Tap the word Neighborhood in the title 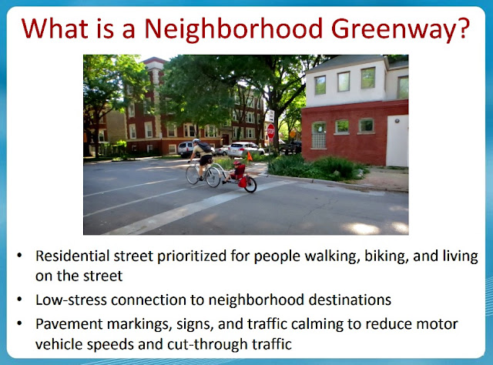[x=233, y=28]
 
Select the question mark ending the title [x=463, y=28]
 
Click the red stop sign [x=270, y=131]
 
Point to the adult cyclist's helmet [x=196, y=141]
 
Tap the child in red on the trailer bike [x=237, y=172]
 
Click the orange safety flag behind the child [x=250, y=156]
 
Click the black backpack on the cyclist [x=205, y=147]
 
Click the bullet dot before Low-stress [x=19, y=299]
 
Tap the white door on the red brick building [x=397, y=140]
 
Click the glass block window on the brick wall [x=319, y=136]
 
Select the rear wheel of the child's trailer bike [x=250, y=184]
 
